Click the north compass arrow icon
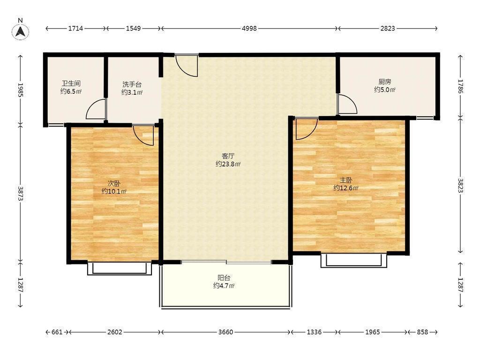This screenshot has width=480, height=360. pyautogui.click(x=21, y=31)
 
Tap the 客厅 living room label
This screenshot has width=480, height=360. pyautogui.click(x=228, y=156)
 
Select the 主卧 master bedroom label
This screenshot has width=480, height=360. pyautogui.click(x=345, y=180)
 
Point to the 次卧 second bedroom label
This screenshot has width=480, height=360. pyautogui.click(x=114, y=184)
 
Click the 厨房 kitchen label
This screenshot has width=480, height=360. pyautogui.click(x=384, y=82)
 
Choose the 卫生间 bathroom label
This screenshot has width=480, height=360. pyautogui.click(x=71, y=83)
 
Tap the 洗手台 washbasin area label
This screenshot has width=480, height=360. pyautogui.click(x=132, y=84)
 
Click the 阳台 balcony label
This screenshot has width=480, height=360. pyautogui.click(x=224, y=278)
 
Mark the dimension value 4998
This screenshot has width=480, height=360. pyautogui.click(x=249, y=29)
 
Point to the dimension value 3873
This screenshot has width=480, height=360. pyautogui.click(x=21, y=194)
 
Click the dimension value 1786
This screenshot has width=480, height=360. pyautogui.click(x=461, y=86)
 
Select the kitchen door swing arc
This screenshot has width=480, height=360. pyautogui.click(x=347, y=104)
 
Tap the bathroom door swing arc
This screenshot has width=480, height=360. pyautogui.click(x=96, y=109)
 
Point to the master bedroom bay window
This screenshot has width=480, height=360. pyautogui.click(x=353, y=260)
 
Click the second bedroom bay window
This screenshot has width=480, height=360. pyautogui.click(x=120, y=268)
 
